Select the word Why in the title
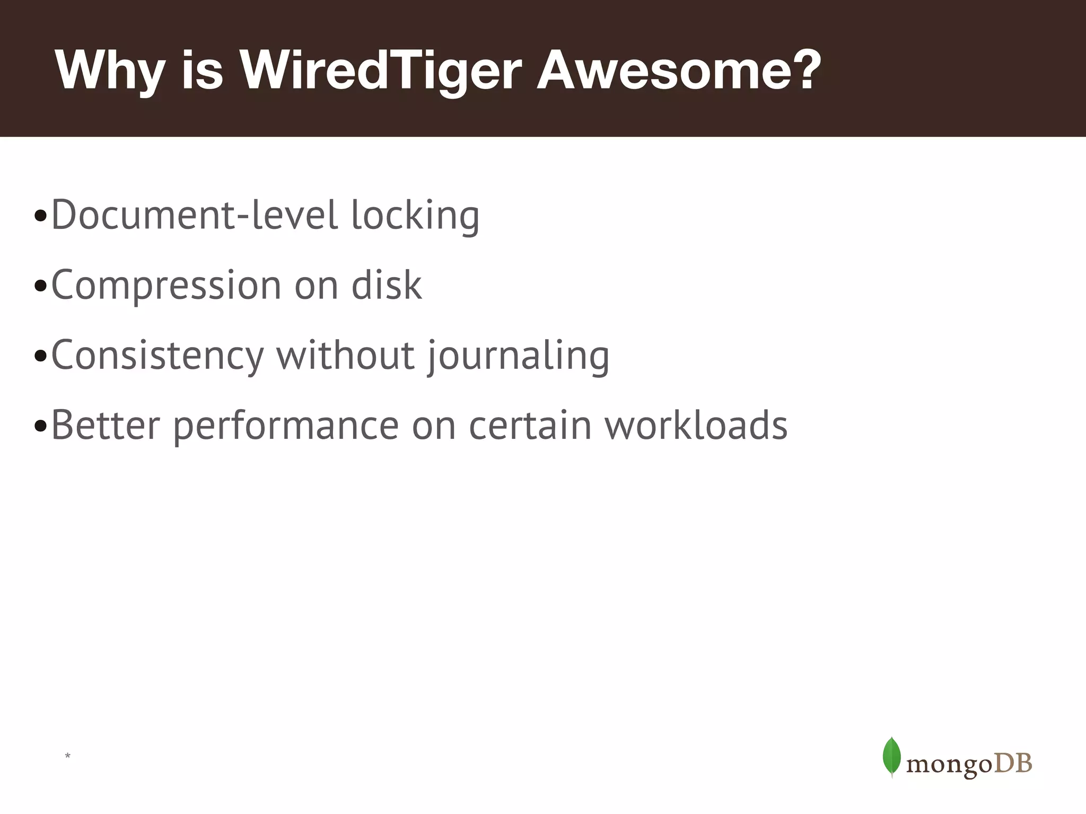click(109, 72)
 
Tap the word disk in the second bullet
click(387, 285)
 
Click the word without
click(345, 355)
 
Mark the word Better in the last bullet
click(106, 425)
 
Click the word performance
click(286, 427)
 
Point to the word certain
click(530, 425)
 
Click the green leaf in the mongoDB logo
click(891, 757)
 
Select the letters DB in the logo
click(1013, 764)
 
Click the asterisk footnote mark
click(67, 756)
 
